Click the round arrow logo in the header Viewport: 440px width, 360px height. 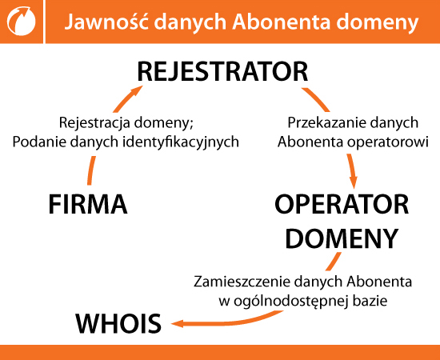coord(22,21)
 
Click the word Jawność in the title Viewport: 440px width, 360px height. coord(106,22)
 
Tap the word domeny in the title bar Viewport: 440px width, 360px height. coord(378,23)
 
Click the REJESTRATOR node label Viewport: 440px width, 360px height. coord(223,72)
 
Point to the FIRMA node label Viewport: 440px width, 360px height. coord(88,205)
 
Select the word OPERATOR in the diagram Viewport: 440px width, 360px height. coord(342,204)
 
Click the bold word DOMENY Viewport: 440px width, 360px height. coord(342,238)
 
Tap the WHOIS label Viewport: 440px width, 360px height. coord(118,323)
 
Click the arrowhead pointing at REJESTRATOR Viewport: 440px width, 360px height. coord(137,91)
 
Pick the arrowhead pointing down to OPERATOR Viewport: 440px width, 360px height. coord(354,182)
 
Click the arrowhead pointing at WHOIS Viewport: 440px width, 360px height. coord(178,324)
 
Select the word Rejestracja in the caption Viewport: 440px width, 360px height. coord(94,123)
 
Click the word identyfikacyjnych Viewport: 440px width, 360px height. coord(181,142)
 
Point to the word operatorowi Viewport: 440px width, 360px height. coord(388,142)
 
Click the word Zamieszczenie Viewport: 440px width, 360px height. coord(242,282)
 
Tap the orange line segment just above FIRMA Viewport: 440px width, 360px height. coord(91,170)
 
